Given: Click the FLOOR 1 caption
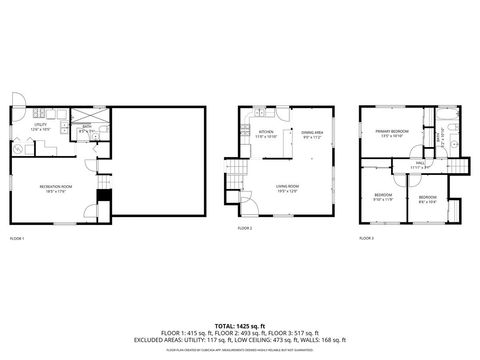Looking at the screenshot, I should [x=16, y=239].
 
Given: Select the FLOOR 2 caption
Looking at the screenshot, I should [x=245, y=229].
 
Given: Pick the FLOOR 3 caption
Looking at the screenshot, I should [x=366, y=239].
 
